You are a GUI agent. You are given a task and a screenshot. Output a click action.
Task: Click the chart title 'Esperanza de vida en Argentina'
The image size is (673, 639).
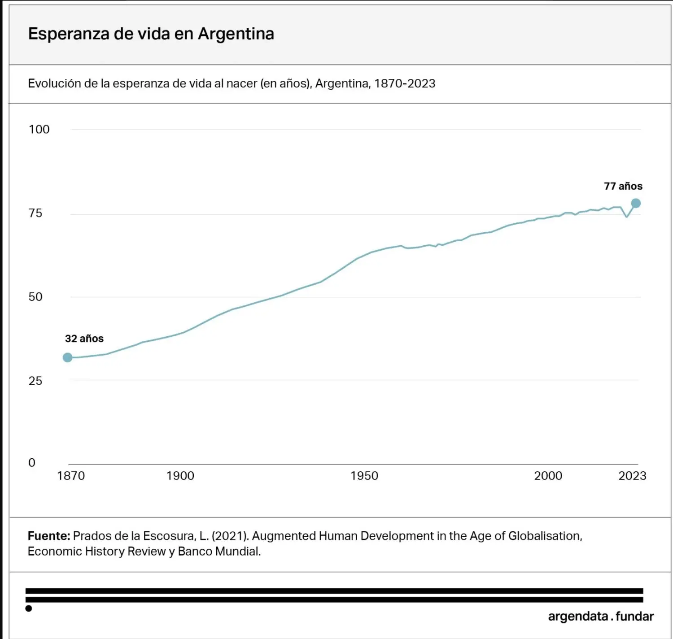151,34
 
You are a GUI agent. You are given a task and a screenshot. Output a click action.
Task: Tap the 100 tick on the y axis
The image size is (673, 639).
39,130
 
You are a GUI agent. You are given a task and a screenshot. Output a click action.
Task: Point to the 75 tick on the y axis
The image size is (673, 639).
35,213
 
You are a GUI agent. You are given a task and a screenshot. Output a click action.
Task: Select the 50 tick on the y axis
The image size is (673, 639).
35,297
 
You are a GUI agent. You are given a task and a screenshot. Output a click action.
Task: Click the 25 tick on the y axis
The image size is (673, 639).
35,381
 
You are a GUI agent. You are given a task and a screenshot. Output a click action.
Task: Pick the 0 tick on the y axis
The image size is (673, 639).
32,463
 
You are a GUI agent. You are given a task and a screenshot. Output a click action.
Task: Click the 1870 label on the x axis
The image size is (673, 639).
71,476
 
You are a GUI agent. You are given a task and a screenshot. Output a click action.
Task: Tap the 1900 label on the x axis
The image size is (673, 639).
180,476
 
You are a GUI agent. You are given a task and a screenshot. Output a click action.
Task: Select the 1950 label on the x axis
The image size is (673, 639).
364,476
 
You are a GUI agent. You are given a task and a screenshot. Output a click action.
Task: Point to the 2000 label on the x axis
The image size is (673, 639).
548,476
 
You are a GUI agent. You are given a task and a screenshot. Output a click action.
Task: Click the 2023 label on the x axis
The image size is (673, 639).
632,476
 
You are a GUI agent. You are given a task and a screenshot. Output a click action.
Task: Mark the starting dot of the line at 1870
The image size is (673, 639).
68,357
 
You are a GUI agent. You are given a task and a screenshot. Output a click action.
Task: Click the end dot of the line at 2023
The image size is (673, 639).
636,204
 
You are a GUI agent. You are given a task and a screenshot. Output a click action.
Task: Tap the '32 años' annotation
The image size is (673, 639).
84,339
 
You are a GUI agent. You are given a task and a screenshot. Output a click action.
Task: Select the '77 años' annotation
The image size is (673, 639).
623,186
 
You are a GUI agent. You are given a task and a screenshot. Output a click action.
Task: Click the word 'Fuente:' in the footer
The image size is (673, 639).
49,536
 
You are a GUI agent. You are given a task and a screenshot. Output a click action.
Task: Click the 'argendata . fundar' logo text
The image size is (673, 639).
601,617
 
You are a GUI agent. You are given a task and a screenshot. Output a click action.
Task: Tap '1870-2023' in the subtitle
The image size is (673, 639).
405,84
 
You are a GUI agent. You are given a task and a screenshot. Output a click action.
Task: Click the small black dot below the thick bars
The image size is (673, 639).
29,609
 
